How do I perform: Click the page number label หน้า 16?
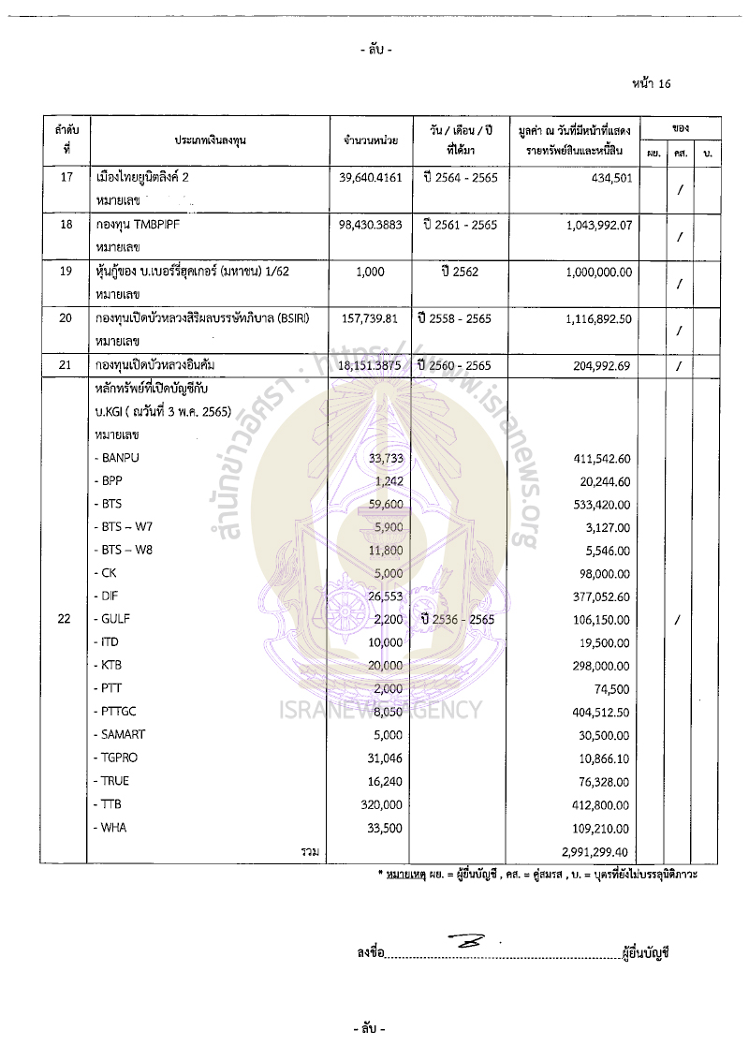[x=652, y=83]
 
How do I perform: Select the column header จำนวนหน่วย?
[x=370, y=140]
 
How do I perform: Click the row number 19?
[x=66, y=272]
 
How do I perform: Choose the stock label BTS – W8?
[x=128, y=550]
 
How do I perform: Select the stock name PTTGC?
[x=120, y=711]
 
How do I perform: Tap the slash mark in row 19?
[x=678, y=283]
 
